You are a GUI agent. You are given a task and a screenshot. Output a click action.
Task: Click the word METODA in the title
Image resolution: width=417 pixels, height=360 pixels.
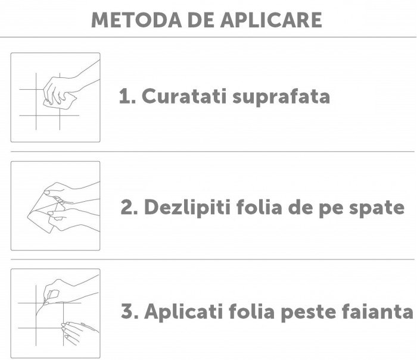click(136, 20)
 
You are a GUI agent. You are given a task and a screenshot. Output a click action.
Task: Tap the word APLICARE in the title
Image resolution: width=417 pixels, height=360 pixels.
click(271, 20)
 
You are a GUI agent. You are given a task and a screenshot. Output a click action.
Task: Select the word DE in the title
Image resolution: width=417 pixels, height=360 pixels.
click(201, 20)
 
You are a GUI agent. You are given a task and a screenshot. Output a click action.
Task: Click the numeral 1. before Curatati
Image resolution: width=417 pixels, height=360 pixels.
click(127, 96)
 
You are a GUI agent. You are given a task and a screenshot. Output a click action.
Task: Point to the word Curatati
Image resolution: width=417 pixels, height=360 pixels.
click(184, 96)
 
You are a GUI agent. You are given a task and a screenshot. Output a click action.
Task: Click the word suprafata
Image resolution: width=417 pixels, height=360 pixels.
click(281, 97)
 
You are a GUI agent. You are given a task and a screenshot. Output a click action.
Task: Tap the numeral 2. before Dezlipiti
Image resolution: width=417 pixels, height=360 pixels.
click(129, 207)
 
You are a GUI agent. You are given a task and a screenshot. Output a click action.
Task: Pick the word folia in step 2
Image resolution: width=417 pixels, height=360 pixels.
click(259, 206)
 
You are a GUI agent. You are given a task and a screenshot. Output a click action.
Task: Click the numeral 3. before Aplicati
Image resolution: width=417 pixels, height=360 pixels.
click(130, 311)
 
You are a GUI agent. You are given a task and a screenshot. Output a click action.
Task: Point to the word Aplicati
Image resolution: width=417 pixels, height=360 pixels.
click(183, 312)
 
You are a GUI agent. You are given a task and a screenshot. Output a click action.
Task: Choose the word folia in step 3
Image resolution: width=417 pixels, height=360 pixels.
click(251, 311)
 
